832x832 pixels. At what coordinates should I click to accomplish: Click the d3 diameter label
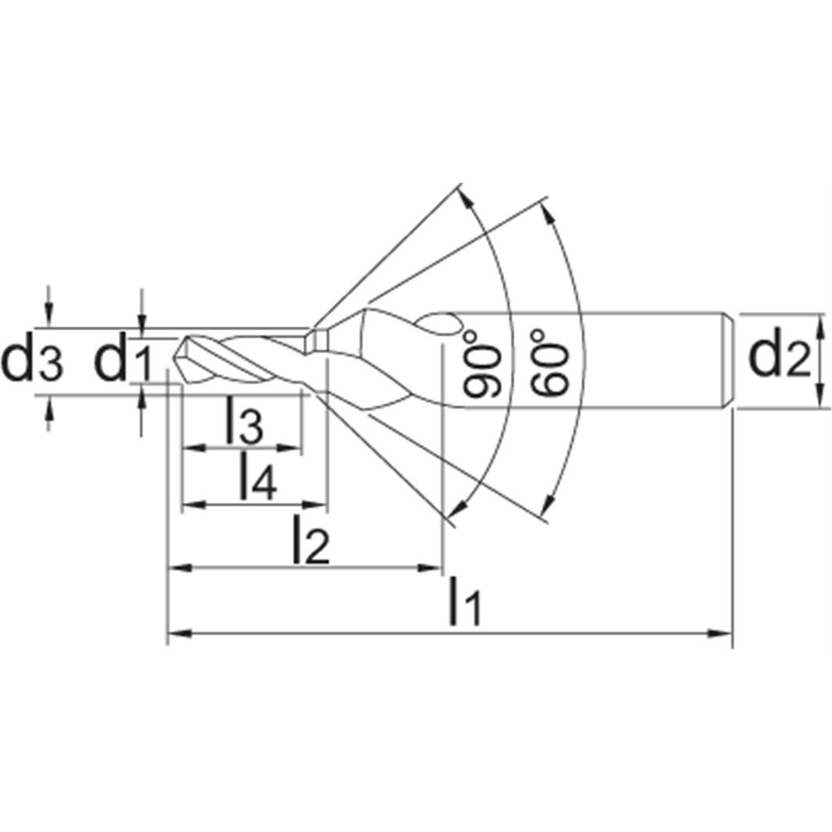(x=31, y=362)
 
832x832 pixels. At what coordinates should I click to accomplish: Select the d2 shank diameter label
(x=779, y=358)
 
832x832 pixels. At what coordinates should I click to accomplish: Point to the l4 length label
(x=256, y=478)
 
